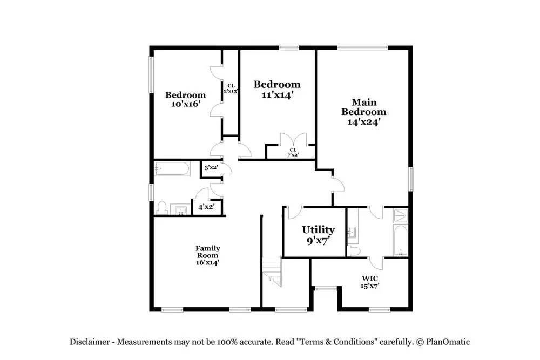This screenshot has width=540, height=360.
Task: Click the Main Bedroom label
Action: [363, 112]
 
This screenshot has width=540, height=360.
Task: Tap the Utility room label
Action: [318, 235]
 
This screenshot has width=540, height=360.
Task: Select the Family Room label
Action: [208, 255]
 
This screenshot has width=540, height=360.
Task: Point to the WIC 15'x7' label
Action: [370, 282]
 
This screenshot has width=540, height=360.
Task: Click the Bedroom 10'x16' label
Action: [185, 99]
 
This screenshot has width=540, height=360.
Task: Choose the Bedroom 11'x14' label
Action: [277, 89]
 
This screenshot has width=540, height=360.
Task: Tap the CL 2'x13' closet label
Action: [231, 89]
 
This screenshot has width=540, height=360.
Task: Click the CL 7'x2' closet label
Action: [293, 152]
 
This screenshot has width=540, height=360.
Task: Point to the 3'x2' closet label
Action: [211, 168]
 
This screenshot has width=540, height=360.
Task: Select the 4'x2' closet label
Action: [206, 207]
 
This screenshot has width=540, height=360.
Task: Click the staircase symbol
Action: [272, 271]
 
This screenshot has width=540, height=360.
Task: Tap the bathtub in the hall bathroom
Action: [172, 168]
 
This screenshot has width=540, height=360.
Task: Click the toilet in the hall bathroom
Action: [161, 208]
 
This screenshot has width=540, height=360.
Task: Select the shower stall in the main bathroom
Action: [401, 215]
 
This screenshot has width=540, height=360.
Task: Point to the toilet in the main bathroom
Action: [353, 250]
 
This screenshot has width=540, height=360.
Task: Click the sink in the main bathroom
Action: [352, 232]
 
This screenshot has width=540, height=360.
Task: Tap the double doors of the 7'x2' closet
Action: [293, 140]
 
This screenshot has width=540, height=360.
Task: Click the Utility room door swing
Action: [295, 213]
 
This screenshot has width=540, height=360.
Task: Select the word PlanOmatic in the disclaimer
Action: [448, 342]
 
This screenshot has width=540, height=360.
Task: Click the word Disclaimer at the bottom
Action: [90, 342]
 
